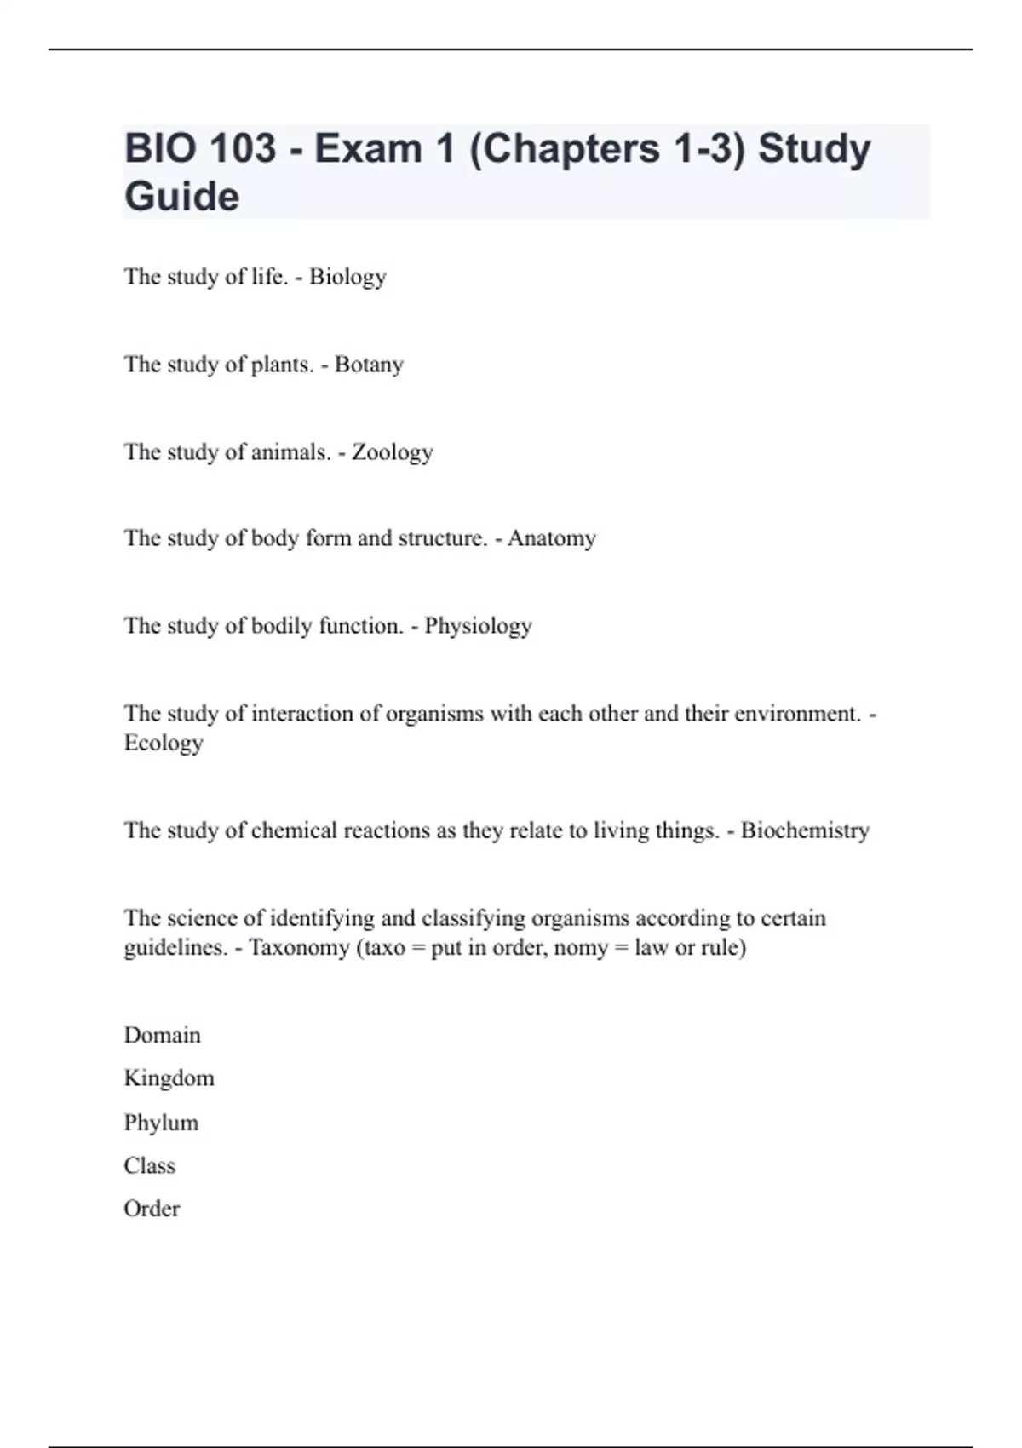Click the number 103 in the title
242,148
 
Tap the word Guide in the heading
181,197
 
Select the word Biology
347,277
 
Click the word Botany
369,365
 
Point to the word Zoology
392,451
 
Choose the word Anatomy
552,538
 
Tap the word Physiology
478,626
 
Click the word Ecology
164,743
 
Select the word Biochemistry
805,830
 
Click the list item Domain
163,1035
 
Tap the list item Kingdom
169,1078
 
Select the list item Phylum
161,1123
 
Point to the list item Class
150,1165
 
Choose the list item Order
152,1209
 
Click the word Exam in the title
368,148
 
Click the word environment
797,713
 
